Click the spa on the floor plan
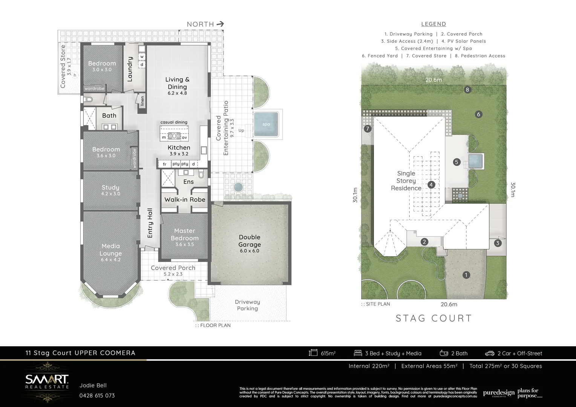point(266,124)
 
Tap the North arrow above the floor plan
point(220,24)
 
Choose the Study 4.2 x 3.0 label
point(110,190)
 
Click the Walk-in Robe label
point(185,199)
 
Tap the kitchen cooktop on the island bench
point(175,136)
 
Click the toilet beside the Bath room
point(89,100)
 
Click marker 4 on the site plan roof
point(431,185)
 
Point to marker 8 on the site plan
point(467,90)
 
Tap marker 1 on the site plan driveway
point(466,275)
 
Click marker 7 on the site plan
point(368,129)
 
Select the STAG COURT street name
point(434,318)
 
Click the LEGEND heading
point(434,24)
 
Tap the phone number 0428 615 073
point(97,396)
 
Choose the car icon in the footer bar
point(490,353)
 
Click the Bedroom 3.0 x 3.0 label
point(102,66)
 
